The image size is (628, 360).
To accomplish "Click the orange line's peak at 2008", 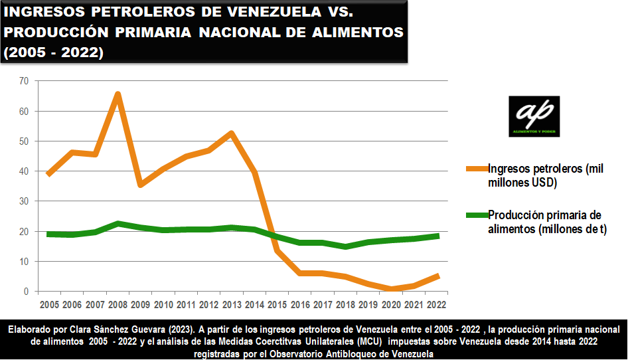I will coord(118,94).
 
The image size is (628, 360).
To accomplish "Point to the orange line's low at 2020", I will coord(392,289).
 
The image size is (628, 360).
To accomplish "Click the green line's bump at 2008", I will coord(118,224).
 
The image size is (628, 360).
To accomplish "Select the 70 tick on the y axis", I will coord(25,81).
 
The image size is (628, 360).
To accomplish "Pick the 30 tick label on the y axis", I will coord(25,201).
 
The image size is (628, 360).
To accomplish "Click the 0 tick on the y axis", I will coord(27,292).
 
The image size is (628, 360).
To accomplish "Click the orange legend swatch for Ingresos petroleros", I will coord(476,169).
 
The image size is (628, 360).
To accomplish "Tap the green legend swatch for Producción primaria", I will coord(476,215).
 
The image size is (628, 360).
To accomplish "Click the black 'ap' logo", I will coord(534,116).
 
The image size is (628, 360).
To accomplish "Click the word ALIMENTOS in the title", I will coord(355,32).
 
